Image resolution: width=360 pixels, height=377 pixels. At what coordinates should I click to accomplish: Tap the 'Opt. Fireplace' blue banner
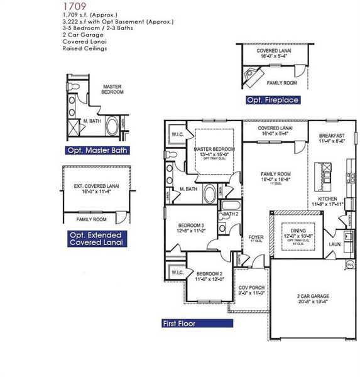tap(272, 100)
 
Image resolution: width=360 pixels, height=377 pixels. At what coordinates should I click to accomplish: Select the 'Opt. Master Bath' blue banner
tap(98, 150)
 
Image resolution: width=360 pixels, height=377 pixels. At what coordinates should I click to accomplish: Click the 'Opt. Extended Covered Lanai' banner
tap(96, 238)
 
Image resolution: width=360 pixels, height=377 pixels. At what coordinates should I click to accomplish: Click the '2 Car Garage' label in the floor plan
tap(313, 296)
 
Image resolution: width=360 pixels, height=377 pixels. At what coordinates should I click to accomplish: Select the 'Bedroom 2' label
tap(209, 273)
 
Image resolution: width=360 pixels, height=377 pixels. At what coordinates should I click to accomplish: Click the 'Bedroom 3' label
tap(192, 225)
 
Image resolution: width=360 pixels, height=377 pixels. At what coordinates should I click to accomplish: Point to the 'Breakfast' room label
tap(330, 135)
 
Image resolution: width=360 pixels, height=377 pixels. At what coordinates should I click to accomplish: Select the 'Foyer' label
tap(255, 237)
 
